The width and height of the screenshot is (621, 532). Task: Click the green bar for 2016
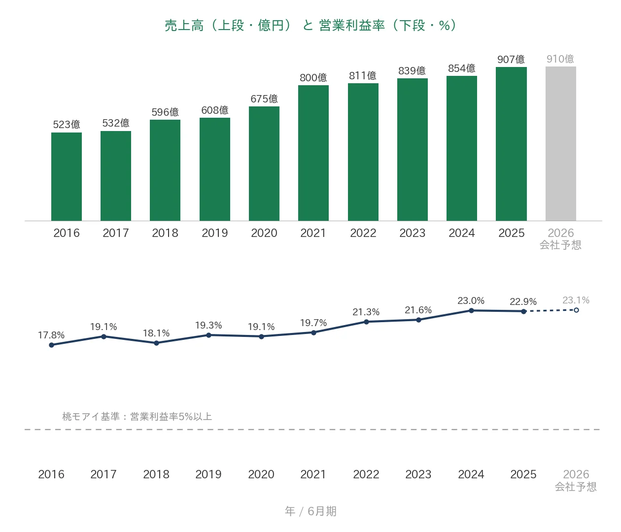pos(67,176)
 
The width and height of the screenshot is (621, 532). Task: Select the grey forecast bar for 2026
pos(560,143)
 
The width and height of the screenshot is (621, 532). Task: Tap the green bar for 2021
pos(313,153)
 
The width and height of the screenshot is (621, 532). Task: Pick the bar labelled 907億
pos(511,144)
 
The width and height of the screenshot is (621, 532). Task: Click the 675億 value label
pos(264,99)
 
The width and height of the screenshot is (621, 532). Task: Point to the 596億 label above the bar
pos(165,112)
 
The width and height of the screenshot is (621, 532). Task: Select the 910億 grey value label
pos(560,59)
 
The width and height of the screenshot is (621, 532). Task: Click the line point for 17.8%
pos(51,345)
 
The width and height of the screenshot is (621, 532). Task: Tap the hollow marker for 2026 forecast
pos(576,310)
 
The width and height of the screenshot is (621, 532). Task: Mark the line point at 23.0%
pos(471,310)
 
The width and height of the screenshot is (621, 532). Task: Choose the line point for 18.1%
pos(156,343)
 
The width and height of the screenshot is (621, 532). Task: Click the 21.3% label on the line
pos(366,312)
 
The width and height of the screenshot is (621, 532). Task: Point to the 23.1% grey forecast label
pos(576,300)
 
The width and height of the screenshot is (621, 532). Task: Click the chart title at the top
pos(310,25)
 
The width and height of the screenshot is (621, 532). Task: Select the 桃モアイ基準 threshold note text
pos(137,416)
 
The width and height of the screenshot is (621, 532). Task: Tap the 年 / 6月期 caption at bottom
pos(310,511)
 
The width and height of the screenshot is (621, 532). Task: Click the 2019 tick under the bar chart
pos(215,233)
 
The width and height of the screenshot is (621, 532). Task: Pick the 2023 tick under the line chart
pos(418,474)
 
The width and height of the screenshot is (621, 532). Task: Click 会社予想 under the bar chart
pos(560,245)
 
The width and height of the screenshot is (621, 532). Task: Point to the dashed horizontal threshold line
pos(312,430)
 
